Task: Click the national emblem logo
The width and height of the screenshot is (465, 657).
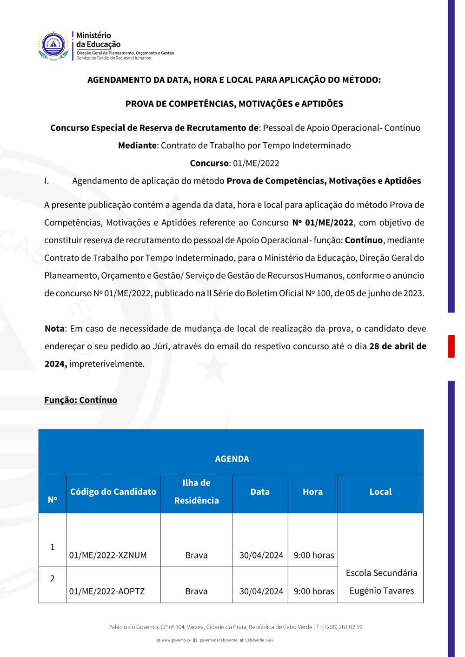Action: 53,46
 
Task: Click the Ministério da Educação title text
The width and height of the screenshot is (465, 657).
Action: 98,40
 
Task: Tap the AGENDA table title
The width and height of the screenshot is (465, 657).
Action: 232,459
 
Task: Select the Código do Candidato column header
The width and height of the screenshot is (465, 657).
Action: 113,492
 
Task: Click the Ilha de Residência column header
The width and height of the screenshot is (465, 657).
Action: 196,491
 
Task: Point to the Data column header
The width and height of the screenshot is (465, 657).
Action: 260,492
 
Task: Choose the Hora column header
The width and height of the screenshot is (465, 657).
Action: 312,492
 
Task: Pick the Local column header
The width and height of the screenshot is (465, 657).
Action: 380,492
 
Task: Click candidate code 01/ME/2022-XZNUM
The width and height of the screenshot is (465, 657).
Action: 108,555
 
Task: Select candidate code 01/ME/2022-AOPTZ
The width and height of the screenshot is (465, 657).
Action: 107,591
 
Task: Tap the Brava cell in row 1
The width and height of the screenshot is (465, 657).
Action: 196,555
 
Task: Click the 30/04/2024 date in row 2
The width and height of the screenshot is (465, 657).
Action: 261,591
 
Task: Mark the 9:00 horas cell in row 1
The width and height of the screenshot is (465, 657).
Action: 314,555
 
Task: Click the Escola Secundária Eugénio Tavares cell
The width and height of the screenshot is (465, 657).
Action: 381,582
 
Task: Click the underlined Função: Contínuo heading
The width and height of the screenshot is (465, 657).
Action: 81,400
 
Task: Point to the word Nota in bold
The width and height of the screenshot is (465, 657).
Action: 54,329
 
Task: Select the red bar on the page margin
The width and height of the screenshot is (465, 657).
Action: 451,346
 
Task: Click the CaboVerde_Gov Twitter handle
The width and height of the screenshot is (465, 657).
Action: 259,640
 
